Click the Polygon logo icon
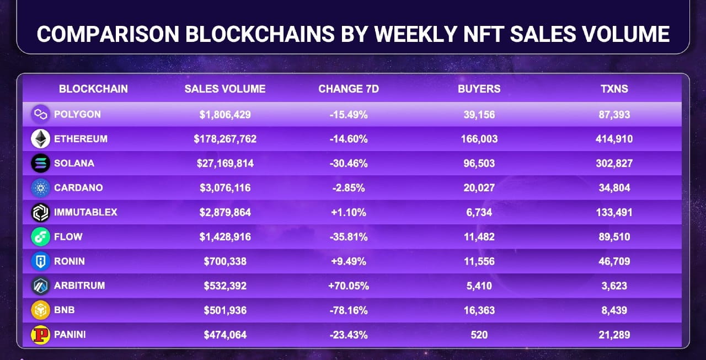click(40, 115)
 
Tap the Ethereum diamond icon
click(40, 139)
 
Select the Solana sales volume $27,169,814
click(225, 163)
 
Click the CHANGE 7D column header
click(349, 89)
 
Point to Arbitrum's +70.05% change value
click(349, 286)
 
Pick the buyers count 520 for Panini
click(479, 334)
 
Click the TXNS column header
click(614, 89)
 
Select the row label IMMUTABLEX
click(85, 212)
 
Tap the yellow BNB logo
click(40, 310)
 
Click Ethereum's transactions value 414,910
click(614, 139)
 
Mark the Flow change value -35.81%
click(349, 237)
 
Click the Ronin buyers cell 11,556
click(479, 261)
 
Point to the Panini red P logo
click(40, 335)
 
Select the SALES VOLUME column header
click(225, 89)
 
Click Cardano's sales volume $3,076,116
click(225, 188)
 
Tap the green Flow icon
click(40, 237)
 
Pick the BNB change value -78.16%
click(349, 310)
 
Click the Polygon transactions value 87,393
click(614, 115)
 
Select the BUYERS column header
click(479, 89)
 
